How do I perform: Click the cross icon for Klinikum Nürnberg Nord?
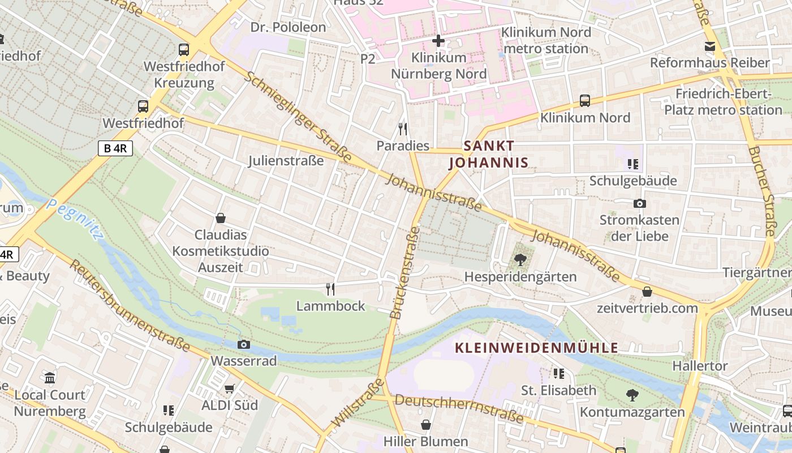coord(438,41)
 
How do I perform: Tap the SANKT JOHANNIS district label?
coord(489,155)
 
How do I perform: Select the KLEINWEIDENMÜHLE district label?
coord(537,348)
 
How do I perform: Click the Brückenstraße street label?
coord(405,272)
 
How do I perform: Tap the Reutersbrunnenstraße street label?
coord(130,305)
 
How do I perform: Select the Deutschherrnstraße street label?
coord(459,409)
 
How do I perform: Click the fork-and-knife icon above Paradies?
coord(403,129)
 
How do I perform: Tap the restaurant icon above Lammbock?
coord(331,289)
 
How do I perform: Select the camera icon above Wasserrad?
coord(244,344)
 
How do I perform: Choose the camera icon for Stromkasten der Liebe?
coord(640,203)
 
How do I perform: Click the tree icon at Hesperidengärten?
coord(520,260)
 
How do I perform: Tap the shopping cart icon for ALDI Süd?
coord(230,388)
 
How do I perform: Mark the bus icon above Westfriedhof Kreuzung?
coord(184,49)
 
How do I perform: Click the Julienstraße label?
coord(286,161)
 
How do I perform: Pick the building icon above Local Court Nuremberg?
coord(50,378)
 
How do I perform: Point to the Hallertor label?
coord(700,366)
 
